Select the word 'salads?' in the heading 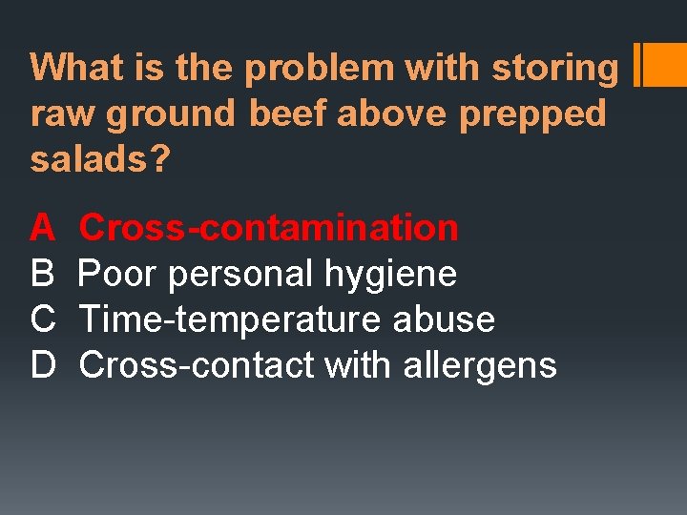[100, 159]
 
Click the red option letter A [43, 228]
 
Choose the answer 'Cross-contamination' [268, 228]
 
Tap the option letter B [43, 274]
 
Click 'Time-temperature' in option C [229, 319]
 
